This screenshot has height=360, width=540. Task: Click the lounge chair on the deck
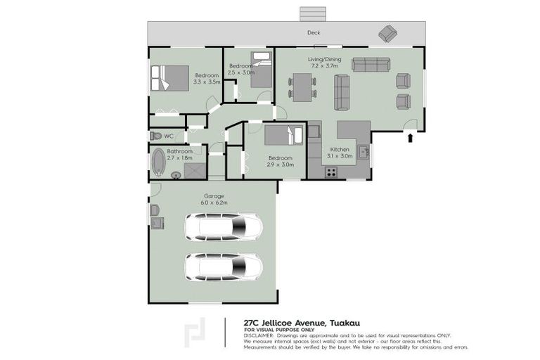[387, 33]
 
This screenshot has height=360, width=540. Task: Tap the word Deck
[314, 33]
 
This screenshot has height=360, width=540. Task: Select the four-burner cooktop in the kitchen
[331, 171]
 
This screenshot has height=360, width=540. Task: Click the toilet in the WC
[155, 136]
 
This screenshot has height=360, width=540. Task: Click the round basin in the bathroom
[176, 175]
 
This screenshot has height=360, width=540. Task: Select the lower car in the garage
[224, 266]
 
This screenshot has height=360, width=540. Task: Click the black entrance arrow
[410, 139]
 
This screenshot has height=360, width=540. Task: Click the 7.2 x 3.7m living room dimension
[324, 67]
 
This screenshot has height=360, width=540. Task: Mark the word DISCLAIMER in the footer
[259, 336]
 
